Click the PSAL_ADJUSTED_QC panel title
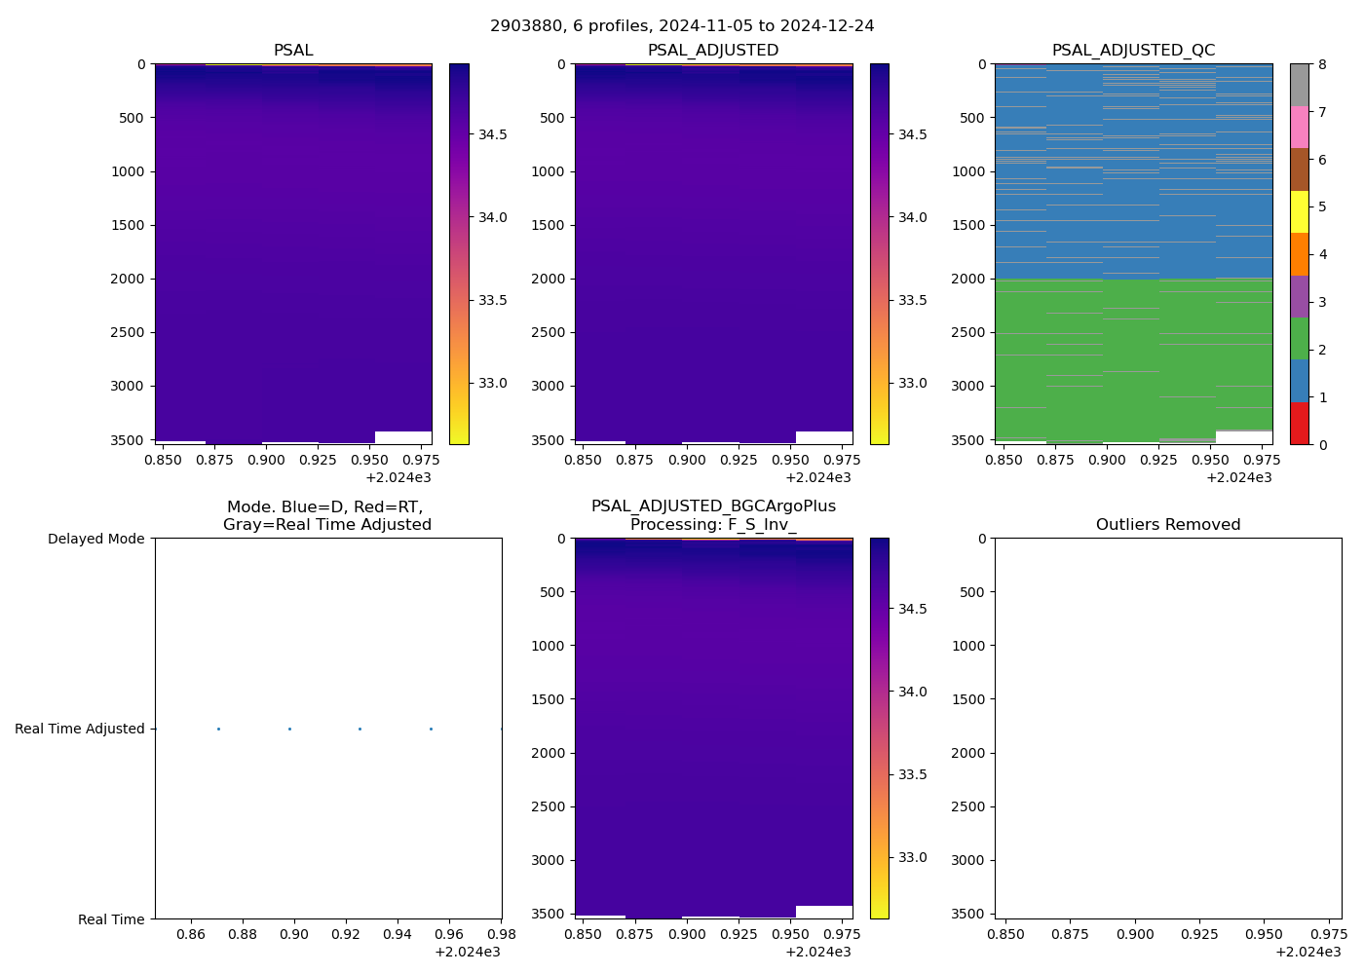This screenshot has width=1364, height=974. (1133, 51)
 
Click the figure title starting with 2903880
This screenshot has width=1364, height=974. (682, 26)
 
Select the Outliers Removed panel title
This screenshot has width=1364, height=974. (1168, 525)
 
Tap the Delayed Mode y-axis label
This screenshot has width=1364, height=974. (95, 539)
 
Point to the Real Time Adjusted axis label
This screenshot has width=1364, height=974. (80, 729)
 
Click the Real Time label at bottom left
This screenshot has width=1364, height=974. (111, 919)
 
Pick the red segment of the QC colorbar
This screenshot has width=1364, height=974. (1299, 424)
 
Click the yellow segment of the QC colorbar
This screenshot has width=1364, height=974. (1299, 212)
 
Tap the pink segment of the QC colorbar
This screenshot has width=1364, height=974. (1299, 128)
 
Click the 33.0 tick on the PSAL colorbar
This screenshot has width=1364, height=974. (492, 383)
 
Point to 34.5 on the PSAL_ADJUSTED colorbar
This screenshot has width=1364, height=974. (913, 134)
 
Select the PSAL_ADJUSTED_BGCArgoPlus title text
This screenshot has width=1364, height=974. (713, 506)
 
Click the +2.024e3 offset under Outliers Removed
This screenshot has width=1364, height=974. (1307, 952)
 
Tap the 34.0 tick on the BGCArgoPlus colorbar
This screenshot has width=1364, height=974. (913, 692)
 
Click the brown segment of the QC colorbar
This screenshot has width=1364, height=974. (1299, 169)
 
